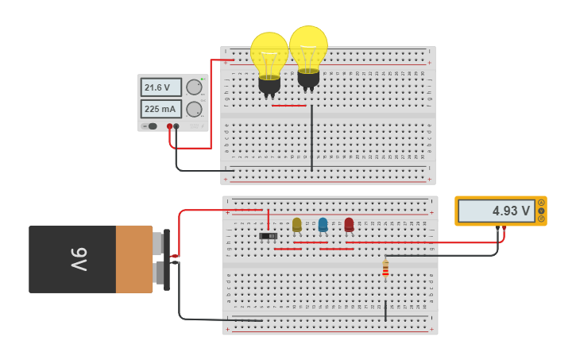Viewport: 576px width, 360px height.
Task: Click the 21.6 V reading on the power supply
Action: click(x=160, y=87)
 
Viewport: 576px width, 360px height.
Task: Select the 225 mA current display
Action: click(x=160, y=109)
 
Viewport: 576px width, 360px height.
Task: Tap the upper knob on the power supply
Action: click(x=194, y=87)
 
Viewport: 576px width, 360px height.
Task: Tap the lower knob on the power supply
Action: click(x=194, y=109)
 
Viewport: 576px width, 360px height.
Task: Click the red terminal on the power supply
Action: click(x=169, y=126)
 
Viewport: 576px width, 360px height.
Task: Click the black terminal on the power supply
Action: click(x=176, y=126)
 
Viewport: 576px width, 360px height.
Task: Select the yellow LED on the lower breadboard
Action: click(x=297, y=225)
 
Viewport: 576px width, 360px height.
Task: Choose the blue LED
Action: click(x=323, y=225)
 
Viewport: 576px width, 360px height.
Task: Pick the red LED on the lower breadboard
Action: click(x=349, y=225)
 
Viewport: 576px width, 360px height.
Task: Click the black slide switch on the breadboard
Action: click(x=269, y=236)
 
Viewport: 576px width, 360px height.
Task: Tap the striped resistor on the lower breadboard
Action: click(x=385, y=270)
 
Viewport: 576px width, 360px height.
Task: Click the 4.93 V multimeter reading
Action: click(x=496, y=211)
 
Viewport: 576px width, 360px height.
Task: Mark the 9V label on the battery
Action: click(x=79, y=259)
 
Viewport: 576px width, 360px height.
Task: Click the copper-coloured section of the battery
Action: click(x=133, y=259)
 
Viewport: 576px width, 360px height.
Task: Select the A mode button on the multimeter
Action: click(x=541, y=203)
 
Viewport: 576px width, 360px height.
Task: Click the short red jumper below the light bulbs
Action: click(x=288, y=106)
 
